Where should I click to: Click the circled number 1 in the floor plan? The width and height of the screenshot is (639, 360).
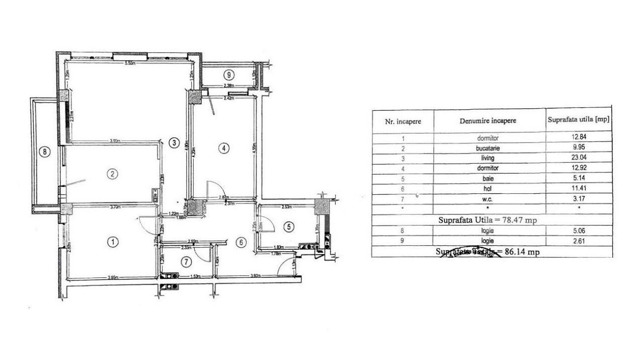click(x=114, y=242)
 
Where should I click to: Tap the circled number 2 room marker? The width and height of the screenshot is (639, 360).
click(x=113, y=174)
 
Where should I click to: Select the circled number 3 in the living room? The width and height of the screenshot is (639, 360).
click(x=174, y=142)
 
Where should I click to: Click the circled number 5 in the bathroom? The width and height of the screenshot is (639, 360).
click(x=288, y=227)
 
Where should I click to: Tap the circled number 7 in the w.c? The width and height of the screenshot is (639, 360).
click(x=187, y=262)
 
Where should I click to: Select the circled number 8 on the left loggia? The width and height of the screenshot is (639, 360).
click(x=45, y=152)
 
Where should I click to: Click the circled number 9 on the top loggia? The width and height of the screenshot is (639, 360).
click(x=228, y=75)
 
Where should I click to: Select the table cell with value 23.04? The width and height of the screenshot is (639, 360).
click(x=579, y=157)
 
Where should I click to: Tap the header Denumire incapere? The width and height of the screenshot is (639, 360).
click(x=488, y=121)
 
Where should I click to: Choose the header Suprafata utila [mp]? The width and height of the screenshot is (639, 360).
click(x=579, y=120)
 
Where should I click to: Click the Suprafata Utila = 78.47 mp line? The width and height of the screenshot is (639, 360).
click(x=492, y=220)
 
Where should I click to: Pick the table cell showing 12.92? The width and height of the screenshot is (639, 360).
click(x=579, y=168)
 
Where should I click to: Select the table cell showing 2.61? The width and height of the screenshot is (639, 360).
click(x=579, y=241)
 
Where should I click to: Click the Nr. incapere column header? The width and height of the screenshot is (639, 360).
click(x=403, y=121)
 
